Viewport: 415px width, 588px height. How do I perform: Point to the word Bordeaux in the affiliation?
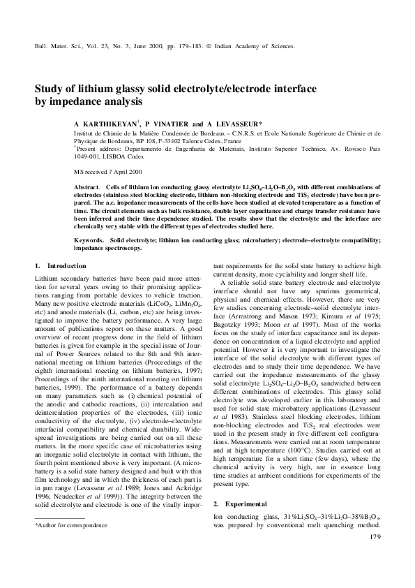pos(195,132)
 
